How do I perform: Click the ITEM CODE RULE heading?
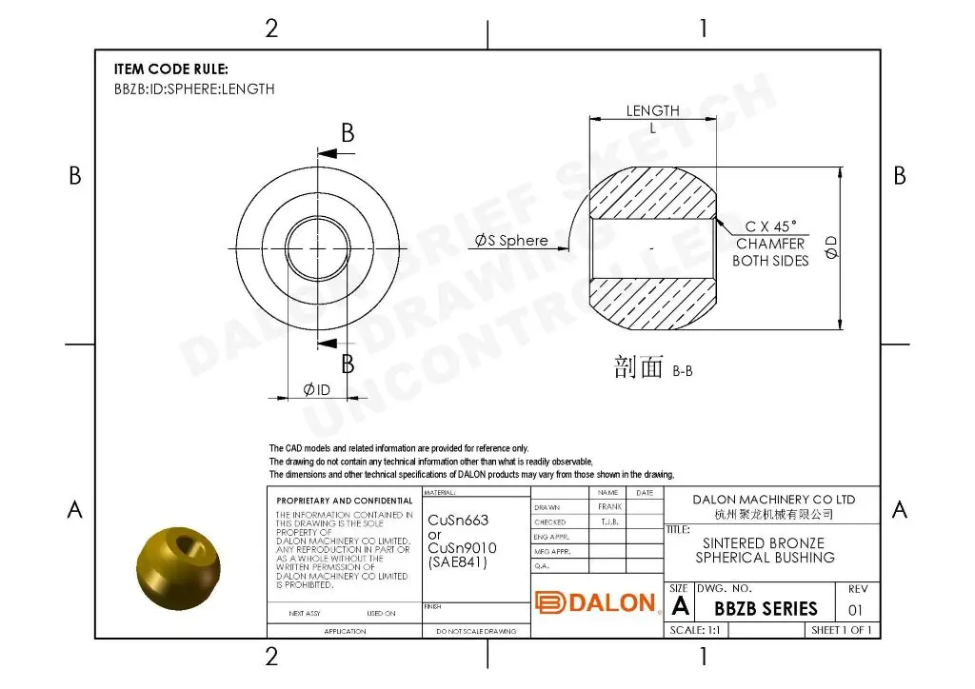pyautogui.click(x=171, y=69)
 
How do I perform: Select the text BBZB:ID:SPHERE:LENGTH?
pyautogui.click(x=194, y=89)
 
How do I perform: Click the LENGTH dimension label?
pyautogui.click(x=652, y=111)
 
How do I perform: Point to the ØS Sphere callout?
pyautogui.click(x=512, y=241)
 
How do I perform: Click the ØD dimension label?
pyautogui.click(x=831, y=246)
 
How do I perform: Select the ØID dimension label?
pyautogui.click(x=316, y=389)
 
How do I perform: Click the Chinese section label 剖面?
pyautogui.click(x=638, y=368)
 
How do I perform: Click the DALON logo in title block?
pyautogui.click(x=596, y=602)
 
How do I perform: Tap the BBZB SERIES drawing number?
pyautogui.click(x=766, y=609)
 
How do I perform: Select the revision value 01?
pyautogui.click(x=855, y=610)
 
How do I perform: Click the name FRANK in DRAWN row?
pyautogui.click(x=610, y=507)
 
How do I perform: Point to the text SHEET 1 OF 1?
pyautogui.click(x=841, y=630)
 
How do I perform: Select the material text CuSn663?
pyautogui.click(x=458, y=521)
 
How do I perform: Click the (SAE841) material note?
pyautogui.click(x=457, y=561)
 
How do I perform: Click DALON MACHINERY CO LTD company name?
pyautogui.click(x=773, y=500)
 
